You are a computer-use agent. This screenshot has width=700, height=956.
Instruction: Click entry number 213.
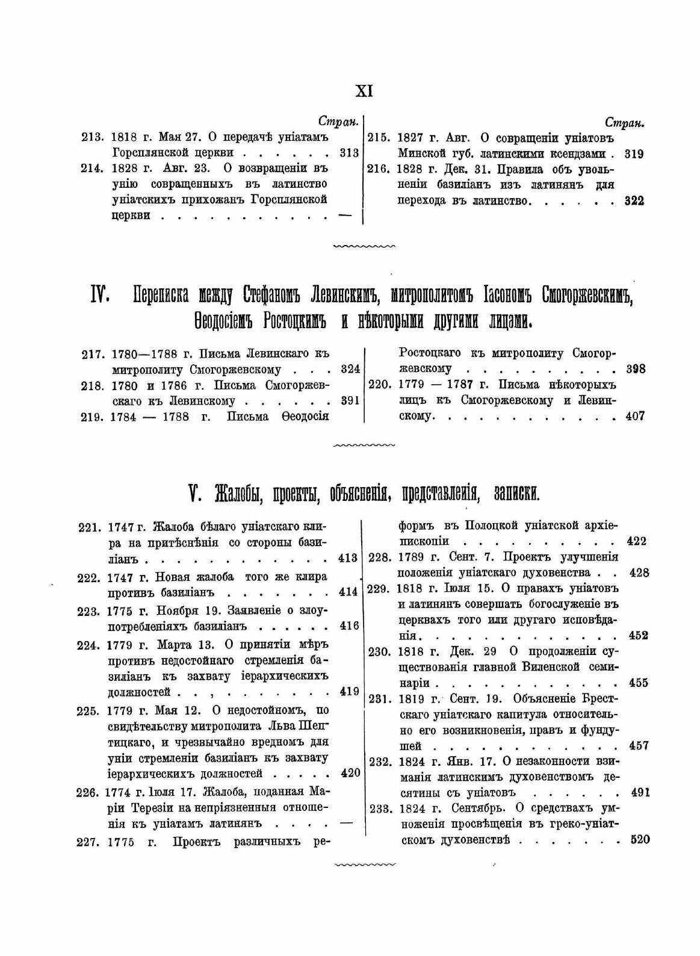[x=91, y=138]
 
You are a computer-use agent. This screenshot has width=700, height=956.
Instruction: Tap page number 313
[x=349, y=153]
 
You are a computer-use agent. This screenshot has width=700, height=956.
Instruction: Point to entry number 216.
[x=377, y=169]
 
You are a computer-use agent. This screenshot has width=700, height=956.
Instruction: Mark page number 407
[x=634, y=415]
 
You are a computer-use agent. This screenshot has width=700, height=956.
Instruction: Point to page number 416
[x=349, y=626]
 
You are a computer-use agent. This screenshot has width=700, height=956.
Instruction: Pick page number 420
[x=349, y=774]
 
